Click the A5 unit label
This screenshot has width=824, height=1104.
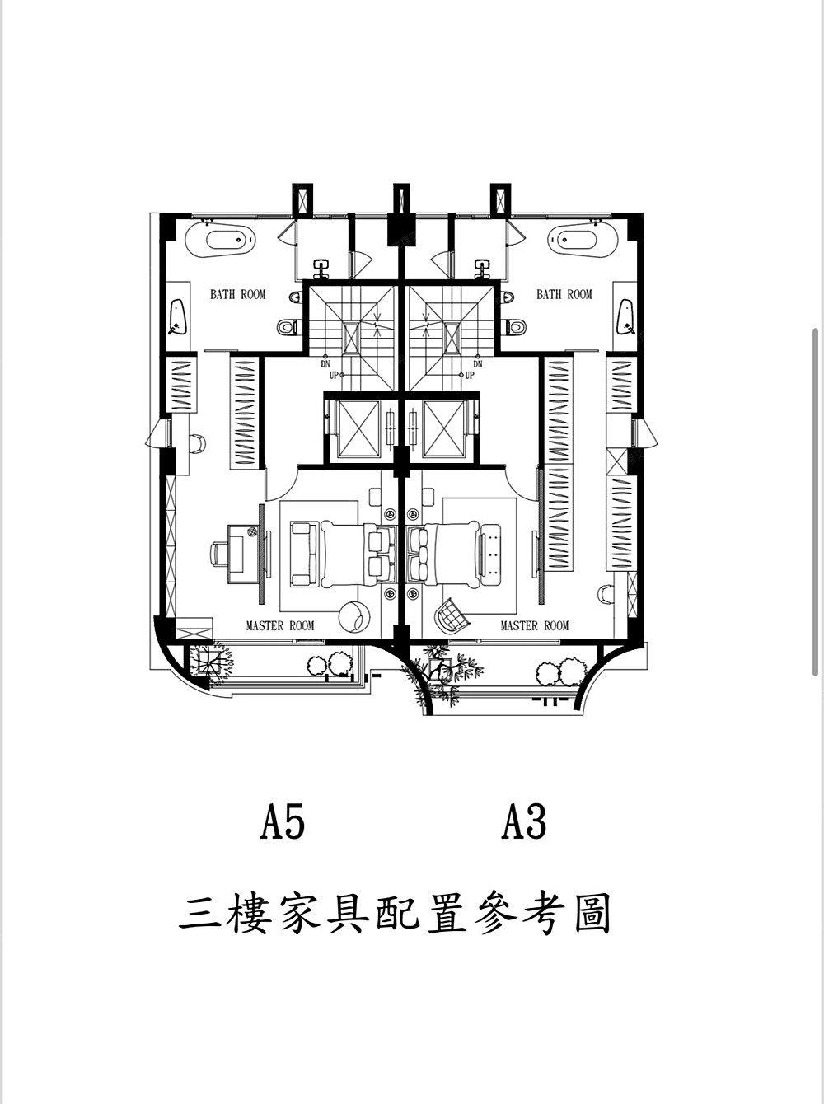[x=282, y=821]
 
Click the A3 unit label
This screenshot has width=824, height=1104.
[x=524, y=821]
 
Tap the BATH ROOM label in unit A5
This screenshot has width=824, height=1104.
[x=238, y=294]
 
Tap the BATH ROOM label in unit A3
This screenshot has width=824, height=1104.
[x=564, y=294]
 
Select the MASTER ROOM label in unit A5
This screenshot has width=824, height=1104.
[x=280, y=625]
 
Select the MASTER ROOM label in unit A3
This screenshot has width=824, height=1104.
[x=535, y=625]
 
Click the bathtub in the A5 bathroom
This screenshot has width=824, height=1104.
[x=220, y=240]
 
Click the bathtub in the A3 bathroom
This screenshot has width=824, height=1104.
[x=582, y=240]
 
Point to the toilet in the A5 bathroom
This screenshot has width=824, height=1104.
[x=288, y=327]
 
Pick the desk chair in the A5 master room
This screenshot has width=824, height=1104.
[x=219, y=554]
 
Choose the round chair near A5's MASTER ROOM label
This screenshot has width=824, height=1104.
[x=354, y=616]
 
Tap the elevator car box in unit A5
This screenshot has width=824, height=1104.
[x=359, y=428]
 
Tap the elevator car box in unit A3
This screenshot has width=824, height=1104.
[x=442, y=428]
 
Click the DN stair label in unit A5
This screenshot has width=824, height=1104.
[x=325, y=364]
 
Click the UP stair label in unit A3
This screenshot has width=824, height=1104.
[x=470, y=375]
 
